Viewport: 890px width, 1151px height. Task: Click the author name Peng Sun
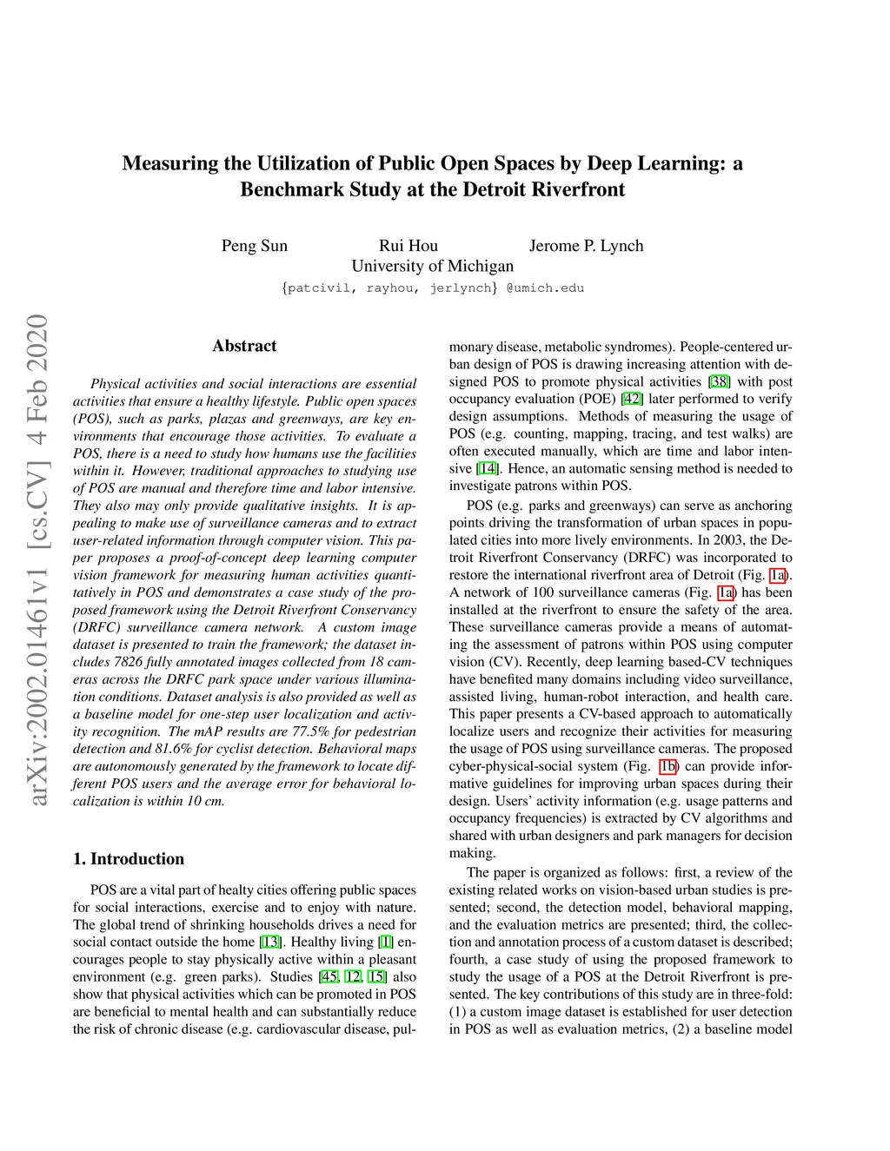254,246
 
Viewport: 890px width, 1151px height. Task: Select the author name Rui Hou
408,246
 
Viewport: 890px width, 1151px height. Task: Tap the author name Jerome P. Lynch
586,246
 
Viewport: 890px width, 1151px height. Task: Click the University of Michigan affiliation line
432,266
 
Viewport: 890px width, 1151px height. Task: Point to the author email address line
432,288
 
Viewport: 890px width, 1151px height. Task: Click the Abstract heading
244,346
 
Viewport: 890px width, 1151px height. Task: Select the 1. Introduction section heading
129,859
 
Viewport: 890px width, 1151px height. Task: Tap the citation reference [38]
720,382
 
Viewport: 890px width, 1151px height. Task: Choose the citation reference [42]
632,400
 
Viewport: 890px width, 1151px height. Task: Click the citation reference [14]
487,469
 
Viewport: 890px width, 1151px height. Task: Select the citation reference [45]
328,977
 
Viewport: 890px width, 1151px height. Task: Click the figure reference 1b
667,766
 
